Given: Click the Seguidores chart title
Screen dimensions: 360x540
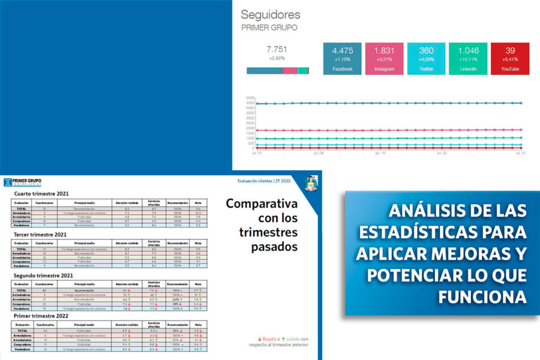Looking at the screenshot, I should tap(271, 14).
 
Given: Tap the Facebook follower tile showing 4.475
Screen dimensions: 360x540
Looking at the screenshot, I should tap(342, 58).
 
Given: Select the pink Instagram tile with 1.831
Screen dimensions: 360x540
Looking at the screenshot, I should tap(384, 58).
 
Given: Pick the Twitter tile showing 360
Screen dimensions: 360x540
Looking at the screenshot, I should tap(426, 58).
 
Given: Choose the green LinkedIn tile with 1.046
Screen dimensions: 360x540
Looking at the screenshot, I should tap(468, 58).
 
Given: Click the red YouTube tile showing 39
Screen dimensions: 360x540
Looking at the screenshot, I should tap(510, 58).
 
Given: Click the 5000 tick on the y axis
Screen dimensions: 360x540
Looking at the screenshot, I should tap(251, 97).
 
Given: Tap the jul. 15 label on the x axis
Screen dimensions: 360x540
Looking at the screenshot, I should tap(380, 153).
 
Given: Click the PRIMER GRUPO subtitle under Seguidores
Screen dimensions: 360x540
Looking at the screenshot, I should tap(269, 28).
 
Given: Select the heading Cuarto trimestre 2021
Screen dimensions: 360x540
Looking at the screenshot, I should tap(41, 194).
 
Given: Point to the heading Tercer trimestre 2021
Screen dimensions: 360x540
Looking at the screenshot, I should tap(41, 235).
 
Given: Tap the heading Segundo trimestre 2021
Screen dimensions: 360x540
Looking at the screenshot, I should tap(43, 275).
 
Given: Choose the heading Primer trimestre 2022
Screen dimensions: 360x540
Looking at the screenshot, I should tap(41, 316).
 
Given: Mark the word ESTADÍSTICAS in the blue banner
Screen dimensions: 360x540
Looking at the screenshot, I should tap(407, 232).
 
